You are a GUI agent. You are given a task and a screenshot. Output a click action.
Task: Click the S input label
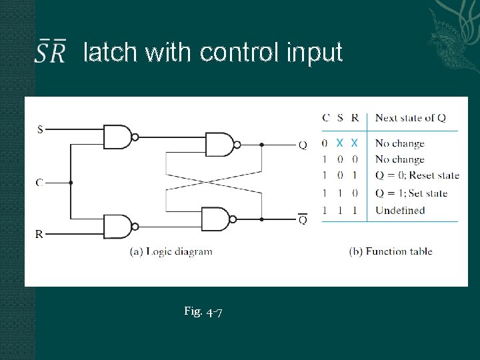(40, 129)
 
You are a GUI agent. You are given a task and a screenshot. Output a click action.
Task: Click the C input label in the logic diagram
(39, 182)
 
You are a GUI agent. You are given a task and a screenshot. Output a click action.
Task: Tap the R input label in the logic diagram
(39, 234)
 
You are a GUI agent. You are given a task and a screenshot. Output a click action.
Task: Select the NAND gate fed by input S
(119, 137)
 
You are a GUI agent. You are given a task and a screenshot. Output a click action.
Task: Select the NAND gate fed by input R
(119, 227)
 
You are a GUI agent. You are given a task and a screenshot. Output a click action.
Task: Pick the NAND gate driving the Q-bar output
(216, 219)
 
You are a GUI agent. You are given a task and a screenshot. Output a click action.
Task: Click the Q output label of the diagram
(303, 145)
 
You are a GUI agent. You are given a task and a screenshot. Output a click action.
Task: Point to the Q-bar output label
(303, 219)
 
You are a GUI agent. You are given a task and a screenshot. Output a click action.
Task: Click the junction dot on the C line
(71, 182)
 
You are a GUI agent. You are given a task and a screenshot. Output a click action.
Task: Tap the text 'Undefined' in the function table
(399, 211)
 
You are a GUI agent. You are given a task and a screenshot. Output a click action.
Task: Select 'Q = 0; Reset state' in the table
(417, 176)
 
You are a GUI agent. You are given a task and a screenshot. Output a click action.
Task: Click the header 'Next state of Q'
(410, 118)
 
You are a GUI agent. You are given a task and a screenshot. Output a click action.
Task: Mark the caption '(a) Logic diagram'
(171, 251)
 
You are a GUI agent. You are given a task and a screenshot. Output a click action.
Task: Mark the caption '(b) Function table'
(391, 251)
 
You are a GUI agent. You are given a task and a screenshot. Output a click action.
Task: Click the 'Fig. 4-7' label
(203, 311)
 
